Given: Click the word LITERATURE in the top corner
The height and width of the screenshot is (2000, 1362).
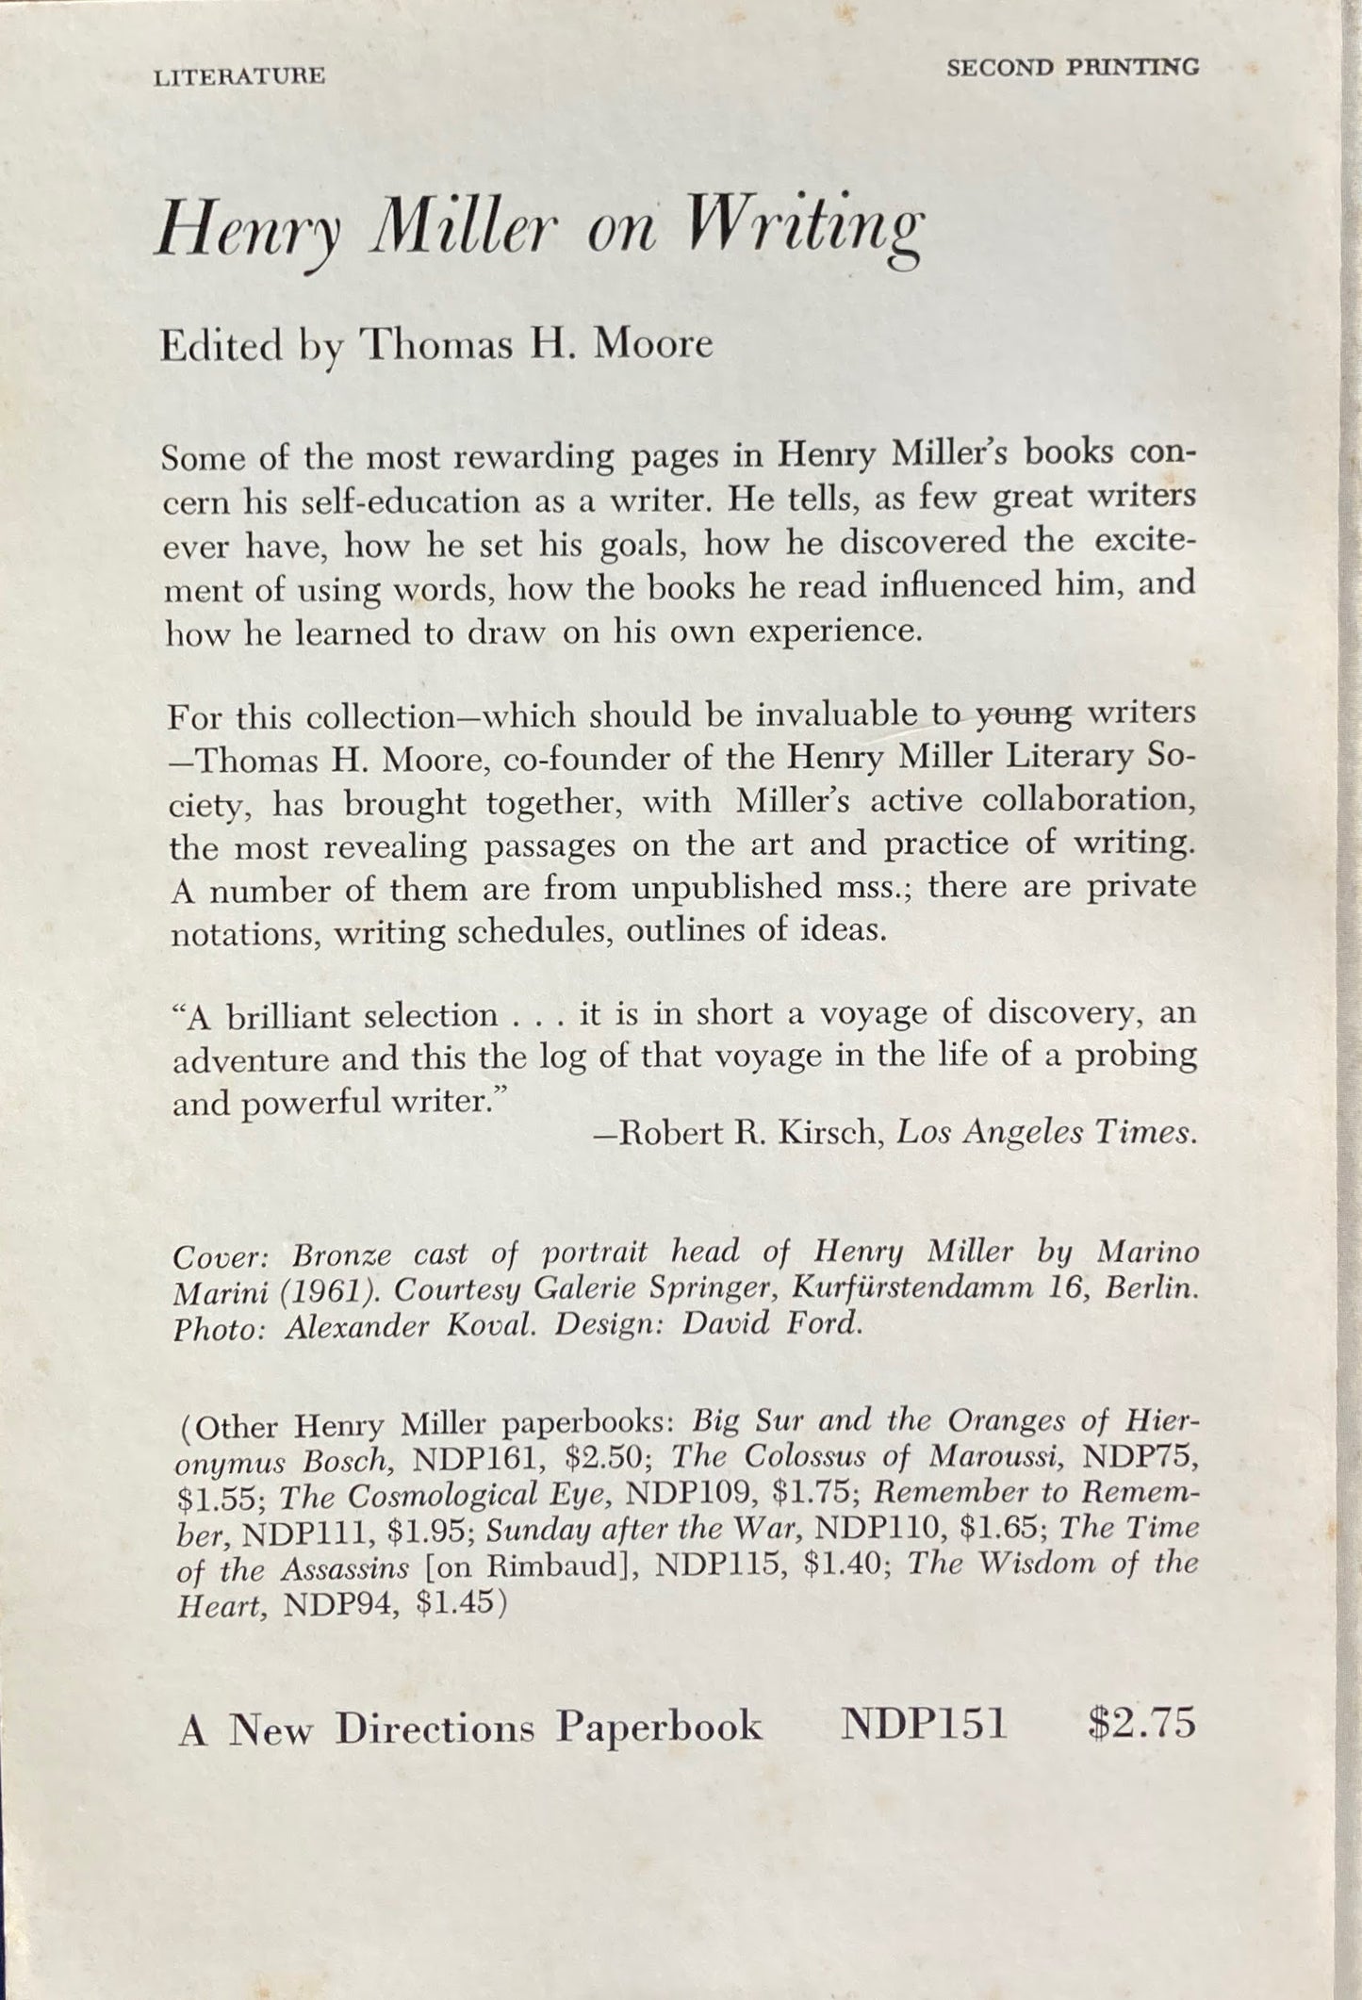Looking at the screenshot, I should (238, 76).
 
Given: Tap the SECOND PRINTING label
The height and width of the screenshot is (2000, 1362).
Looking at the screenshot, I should (1073, 68).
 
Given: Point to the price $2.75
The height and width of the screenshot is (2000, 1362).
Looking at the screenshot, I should (1140, 1725).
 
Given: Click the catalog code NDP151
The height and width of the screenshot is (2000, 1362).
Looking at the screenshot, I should (924, 1726).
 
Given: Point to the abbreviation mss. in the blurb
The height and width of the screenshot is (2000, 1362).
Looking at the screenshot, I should (863, 888).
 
